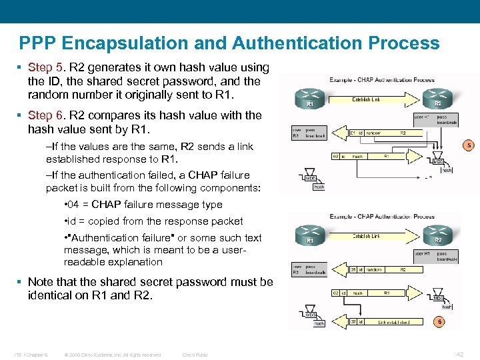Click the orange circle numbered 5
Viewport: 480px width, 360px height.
click(x=468, y=145)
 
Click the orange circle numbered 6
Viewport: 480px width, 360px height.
click(x=438, y=321)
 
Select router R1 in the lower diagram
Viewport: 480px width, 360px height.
click(x=309, y=235)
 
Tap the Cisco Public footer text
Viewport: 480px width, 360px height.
click(x=195, y=355)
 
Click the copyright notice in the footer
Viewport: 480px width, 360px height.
click(x=112, y=355)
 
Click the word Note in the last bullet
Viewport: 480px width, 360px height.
click(x=41, y=282)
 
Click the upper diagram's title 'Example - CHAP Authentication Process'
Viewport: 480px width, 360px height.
click(x=381, y=80)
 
